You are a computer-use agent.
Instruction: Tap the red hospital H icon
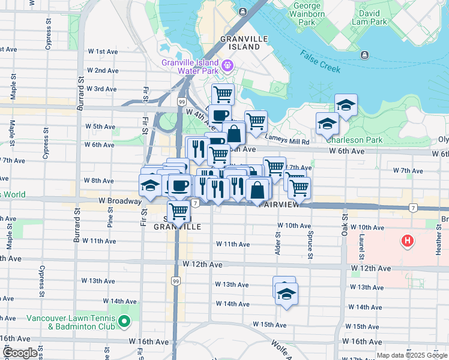408,242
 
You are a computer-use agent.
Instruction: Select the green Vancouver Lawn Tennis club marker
124,323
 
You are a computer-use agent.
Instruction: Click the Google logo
20,353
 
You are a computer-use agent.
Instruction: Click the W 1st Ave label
103,52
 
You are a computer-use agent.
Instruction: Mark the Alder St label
278,244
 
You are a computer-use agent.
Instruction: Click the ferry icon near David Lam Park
364,55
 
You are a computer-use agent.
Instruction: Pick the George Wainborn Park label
307,14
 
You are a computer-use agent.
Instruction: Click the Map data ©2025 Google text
411,355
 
